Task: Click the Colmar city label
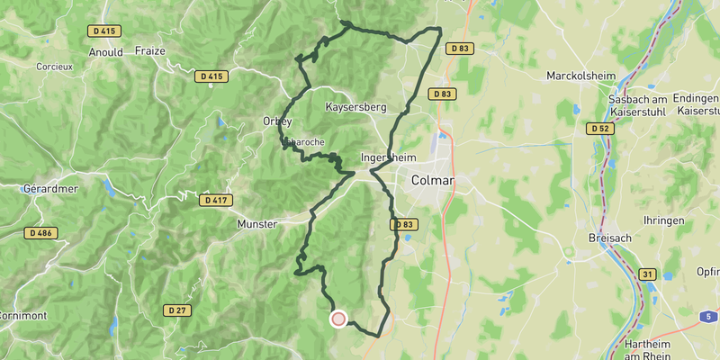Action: (432, 181)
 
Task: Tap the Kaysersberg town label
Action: (355, 107)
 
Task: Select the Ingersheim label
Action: (386, 157)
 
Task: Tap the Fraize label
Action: (149, 51)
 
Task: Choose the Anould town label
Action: (106, 52)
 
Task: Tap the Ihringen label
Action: (664, 220)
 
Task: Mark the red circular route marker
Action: (338, 319)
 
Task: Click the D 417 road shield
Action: (214, 200)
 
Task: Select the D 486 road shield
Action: (40, 233)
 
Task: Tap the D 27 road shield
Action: (177, 310)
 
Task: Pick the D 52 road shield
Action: (600, 129)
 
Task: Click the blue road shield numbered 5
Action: (709, 316)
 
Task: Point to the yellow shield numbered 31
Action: (647, 274)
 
